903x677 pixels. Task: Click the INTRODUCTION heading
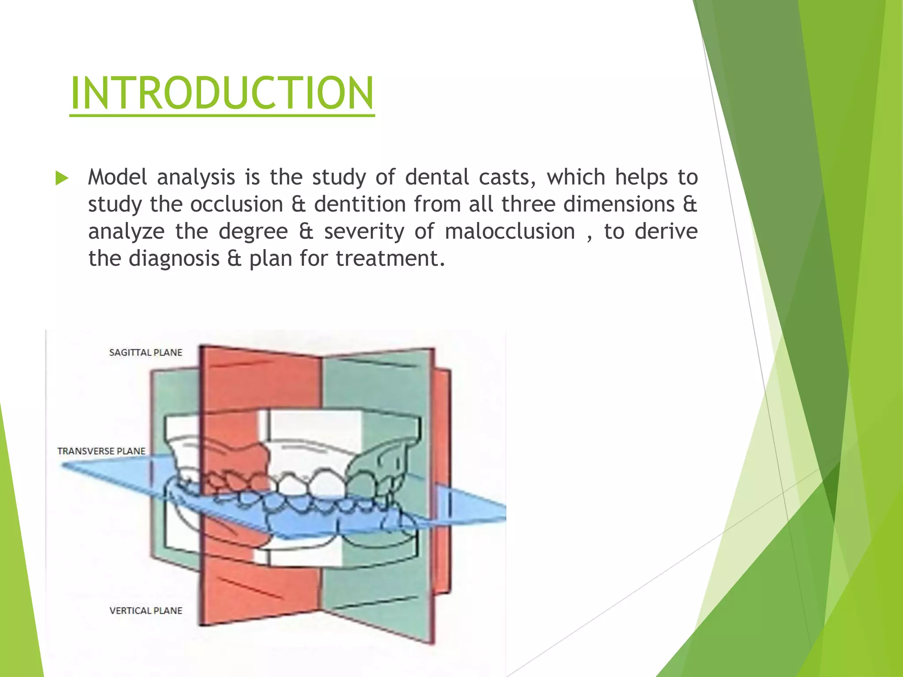click(222, 93)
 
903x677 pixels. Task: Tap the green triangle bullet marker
click(62, 178)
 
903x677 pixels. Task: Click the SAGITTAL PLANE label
click(146, 353)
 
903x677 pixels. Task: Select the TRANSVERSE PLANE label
click(101, 451)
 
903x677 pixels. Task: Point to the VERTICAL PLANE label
click(146, 610)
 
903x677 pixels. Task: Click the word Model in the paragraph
click(117, 177)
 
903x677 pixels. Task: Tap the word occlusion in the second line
click(236, 205)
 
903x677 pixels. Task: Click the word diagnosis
click(174, 259)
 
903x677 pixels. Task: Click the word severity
click(364, 231)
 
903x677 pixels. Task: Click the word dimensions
click(619, 205)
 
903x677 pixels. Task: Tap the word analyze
click(126, 231)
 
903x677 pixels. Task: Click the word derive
click(666, 231)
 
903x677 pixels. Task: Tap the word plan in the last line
click(270, 259)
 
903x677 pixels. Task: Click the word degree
click(253, 231)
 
